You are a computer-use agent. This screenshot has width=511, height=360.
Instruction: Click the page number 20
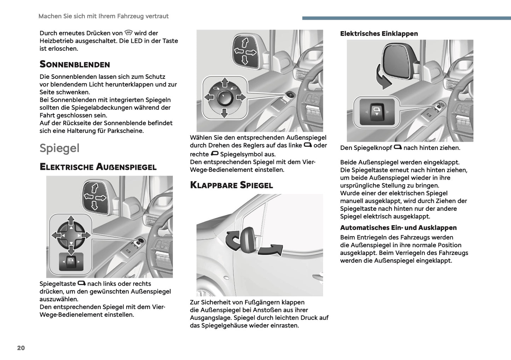point(21,348)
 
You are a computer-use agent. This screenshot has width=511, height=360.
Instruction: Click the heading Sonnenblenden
point(75,64)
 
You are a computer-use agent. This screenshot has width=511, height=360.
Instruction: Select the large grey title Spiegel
point(59,148)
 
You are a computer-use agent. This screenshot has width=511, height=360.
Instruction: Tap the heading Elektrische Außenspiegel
point(98,167)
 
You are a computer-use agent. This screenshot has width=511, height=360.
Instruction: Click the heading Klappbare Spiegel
point(231,185)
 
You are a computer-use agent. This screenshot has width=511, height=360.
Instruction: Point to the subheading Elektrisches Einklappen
point(379,34)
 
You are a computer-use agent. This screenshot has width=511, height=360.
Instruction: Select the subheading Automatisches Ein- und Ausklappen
point(398,228)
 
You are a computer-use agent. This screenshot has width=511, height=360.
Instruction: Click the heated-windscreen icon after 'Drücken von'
point(128,33)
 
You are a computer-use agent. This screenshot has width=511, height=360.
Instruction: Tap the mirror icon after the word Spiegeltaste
point(81,283)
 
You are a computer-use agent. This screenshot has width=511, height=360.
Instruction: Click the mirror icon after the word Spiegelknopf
point(397,147)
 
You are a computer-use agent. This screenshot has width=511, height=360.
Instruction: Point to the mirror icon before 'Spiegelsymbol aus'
point(214,153)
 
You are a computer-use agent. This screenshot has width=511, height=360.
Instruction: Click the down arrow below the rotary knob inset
point(224,113)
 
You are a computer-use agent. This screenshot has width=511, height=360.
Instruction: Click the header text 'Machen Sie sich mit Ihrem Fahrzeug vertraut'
point(103,16)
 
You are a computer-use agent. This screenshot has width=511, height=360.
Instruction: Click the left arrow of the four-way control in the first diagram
point(56,235)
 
